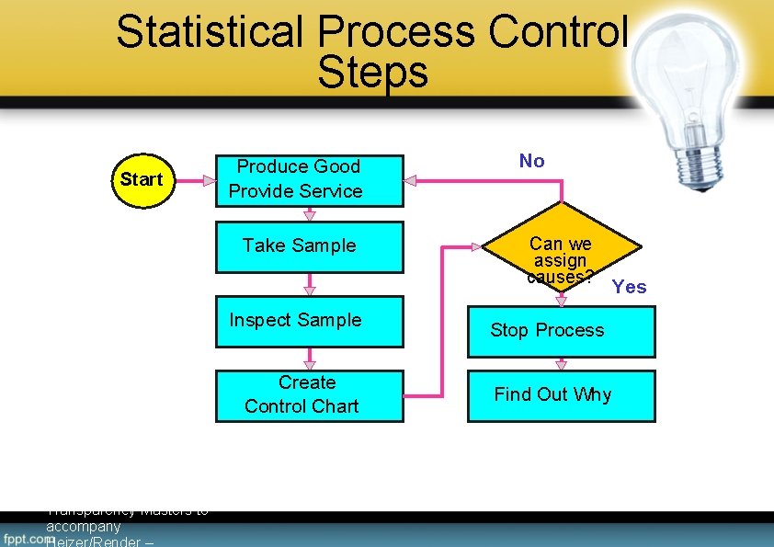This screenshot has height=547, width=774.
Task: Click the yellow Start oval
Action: tap(141, 179)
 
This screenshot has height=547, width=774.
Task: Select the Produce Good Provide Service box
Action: tap(309, 179)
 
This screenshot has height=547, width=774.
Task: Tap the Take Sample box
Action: tap(309, 246)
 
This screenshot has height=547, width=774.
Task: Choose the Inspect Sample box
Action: tap(309, 321)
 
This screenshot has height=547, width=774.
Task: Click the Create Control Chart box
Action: tap(309, 395)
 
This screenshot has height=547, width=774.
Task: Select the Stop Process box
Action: tap(561, 331)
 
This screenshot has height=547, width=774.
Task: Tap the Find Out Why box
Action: tap(561, 395)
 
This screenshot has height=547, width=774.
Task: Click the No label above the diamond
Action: tap(531, 161)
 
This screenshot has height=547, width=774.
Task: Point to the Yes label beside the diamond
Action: tap(630, 287)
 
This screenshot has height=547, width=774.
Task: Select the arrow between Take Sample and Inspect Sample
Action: tap(310, 284)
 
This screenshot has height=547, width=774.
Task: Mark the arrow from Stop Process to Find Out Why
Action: tap(562, 364)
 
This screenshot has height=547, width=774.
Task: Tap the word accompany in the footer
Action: tap(83, 527)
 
